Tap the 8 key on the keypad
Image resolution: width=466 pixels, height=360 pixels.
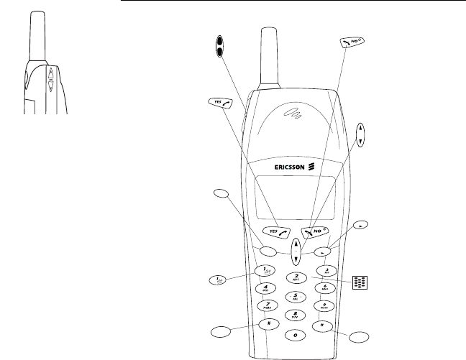click(294, 315)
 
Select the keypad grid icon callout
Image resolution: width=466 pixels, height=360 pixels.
click(361, 282)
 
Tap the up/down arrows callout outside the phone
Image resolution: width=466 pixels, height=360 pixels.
click(361, 134)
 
